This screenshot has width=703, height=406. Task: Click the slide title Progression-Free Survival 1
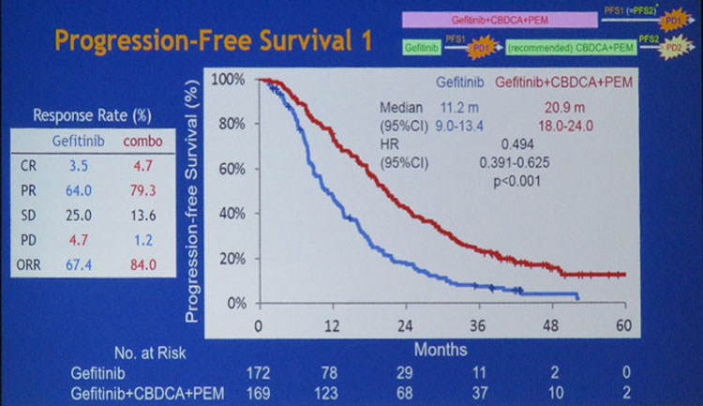point(214,41)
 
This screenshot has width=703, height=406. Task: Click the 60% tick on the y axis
point(229,169)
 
